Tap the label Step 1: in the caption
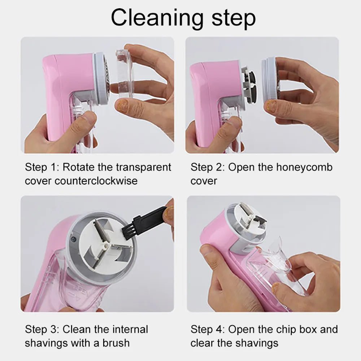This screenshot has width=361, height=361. (x=42, y=168)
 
